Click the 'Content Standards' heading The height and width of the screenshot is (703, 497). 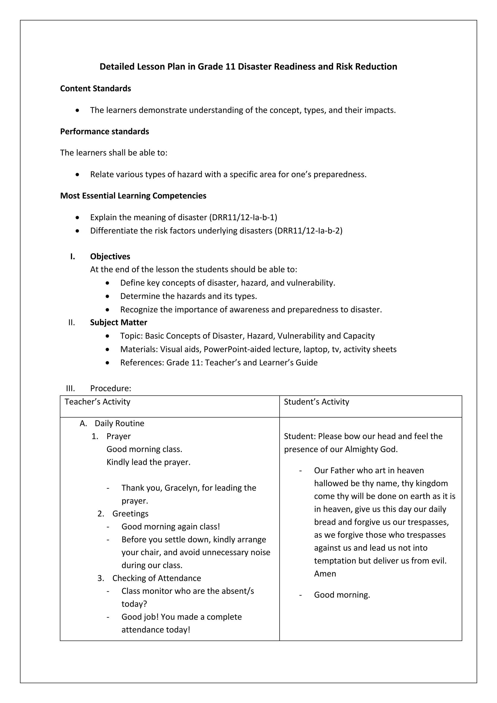(95, 89)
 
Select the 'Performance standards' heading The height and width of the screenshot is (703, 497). (104, 131)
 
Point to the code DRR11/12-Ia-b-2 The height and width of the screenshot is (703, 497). (309, 231)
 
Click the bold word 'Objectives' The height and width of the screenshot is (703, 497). (110, 256)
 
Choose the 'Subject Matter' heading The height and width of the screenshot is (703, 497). (118, 322)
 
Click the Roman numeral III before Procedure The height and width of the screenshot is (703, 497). (70, 388)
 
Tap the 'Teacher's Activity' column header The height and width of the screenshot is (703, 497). (97, 402)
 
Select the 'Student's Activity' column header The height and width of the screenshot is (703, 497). (316, 402)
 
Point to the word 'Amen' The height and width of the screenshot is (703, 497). (325, 573)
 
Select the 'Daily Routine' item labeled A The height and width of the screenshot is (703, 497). (119, 423)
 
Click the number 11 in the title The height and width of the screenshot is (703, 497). (230, 67)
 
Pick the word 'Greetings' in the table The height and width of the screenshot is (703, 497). (130, 513)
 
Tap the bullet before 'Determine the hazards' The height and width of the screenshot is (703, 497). (107, 296)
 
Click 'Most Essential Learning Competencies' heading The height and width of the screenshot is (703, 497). (133, 196)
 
